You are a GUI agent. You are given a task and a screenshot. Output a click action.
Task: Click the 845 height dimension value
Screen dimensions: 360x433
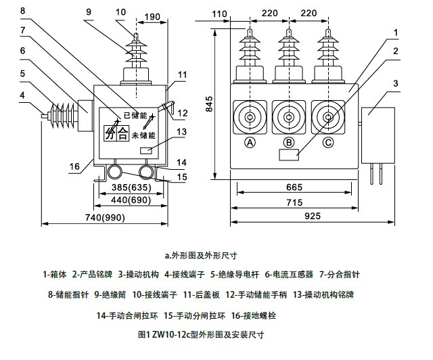tap(210, 102)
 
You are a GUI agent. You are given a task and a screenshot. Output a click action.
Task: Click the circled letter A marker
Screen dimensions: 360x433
tap(250, 142)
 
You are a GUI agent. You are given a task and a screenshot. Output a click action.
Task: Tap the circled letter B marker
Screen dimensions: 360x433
tap(290, 142)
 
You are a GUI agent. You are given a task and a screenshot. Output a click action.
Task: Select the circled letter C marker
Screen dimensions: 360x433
tap(329, 142)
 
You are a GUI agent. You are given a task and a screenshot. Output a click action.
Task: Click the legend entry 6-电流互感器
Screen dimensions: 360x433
tap(289, 274)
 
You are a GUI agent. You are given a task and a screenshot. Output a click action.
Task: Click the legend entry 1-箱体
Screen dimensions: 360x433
tap(55, 274)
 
